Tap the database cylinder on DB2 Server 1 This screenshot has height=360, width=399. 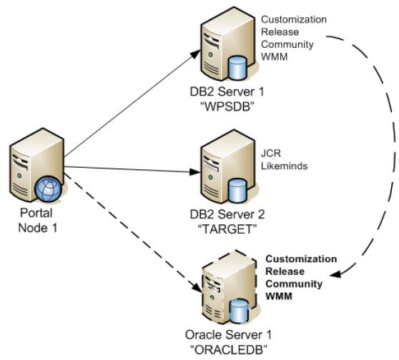[x=237, y=68]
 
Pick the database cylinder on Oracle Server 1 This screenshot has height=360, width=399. [x=238, y=311]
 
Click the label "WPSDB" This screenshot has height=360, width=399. [x=227, y=106]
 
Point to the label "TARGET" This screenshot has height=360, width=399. [x=227, y=229]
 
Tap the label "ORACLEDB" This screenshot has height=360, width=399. [x=229, y=350]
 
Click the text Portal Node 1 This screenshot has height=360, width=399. [x=37, y=220]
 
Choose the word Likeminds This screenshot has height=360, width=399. [x=285, y=166]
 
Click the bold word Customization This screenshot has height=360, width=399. [x=301, y=259]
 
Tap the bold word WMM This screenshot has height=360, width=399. [x=279, y=296]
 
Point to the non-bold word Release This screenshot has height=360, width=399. [x=280, y=32]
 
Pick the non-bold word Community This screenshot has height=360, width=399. [x=287, y=44]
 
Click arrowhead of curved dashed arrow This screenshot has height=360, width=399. [x=335, y=274]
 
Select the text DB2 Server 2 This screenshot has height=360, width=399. [x=227, y=214]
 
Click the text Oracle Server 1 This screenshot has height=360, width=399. [x=228, y=335]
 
